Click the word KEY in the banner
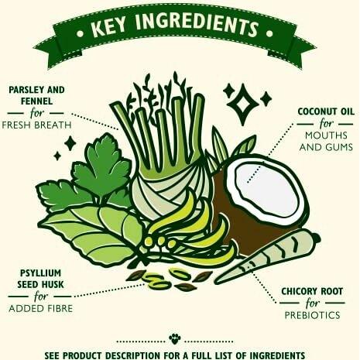pos(108,28)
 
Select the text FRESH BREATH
pos(36,125)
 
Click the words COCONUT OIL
pos(326,111)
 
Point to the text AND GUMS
pos(326,147)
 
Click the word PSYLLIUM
pos(40,273)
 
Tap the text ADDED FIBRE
pos(41,308)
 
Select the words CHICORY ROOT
pos(312,291)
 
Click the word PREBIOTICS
pos(312,315)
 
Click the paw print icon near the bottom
pos(175,338)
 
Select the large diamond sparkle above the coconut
pos(242,104)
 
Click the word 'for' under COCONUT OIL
pos(327,124)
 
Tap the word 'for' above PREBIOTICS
pos(312,303)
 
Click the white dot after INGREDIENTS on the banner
pos(269,33)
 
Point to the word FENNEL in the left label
pos(36,101)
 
